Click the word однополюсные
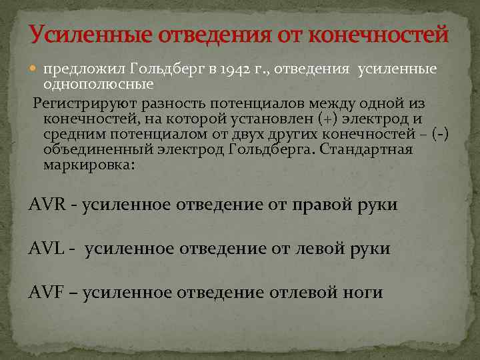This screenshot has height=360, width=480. tap(98, 84)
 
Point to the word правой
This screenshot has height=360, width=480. tap(322, 205)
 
